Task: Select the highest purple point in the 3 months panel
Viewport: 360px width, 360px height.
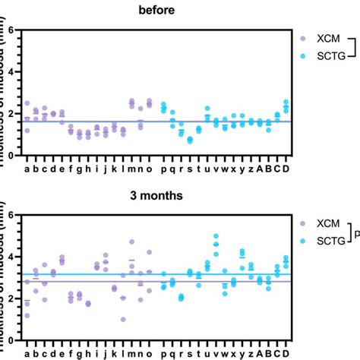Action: [x=131, y=242]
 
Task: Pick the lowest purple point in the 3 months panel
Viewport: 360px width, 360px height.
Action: [x=123, y=319]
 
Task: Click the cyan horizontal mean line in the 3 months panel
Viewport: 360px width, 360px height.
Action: [x=190, y=273]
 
